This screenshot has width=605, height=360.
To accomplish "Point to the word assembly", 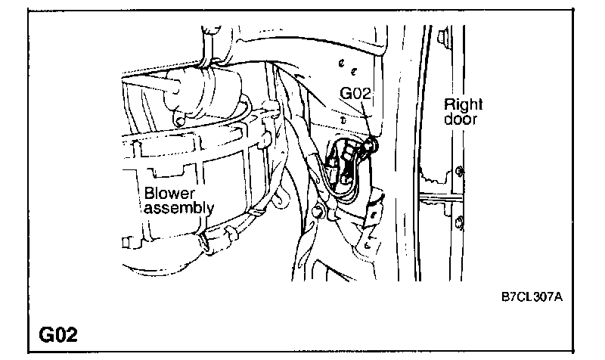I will [x=178, y=207].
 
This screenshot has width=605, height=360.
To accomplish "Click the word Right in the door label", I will [x=463, y=104].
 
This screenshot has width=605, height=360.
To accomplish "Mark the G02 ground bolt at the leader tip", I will [x=371, y=143].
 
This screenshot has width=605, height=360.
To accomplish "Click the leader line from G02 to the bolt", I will [x=365, y=121].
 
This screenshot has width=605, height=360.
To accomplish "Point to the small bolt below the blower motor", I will [x=179, y=119].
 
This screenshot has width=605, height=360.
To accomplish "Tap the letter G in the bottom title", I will [x=42, y=333].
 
